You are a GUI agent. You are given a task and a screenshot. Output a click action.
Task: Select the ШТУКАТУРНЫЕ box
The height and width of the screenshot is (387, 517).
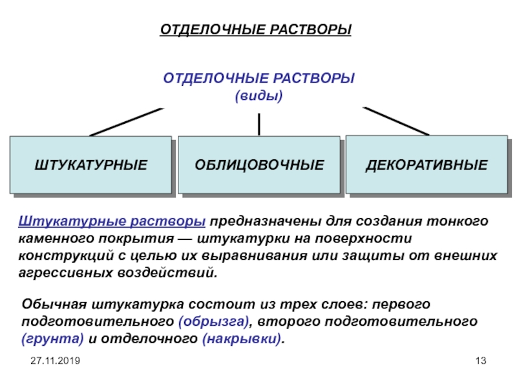pyautogui.click(x=90, y=166)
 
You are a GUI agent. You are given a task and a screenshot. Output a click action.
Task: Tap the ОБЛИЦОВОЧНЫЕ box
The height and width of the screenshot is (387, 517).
pyautogui.click(x=259, y=166)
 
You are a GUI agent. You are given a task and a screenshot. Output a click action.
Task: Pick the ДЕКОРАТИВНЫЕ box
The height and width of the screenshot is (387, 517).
pyautogui.click(x=427, y=165)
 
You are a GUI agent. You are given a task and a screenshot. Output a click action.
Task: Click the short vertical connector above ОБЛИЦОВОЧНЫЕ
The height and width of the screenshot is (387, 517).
pyautogui.click(x=258, y=123)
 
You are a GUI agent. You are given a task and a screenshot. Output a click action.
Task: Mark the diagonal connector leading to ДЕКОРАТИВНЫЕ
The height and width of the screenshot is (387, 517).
pyautogui.click(x=396, y=121)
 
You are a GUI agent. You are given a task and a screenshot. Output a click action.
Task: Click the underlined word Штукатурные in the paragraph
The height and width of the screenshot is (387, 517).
pyautogui.click(x=62, y=222)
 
